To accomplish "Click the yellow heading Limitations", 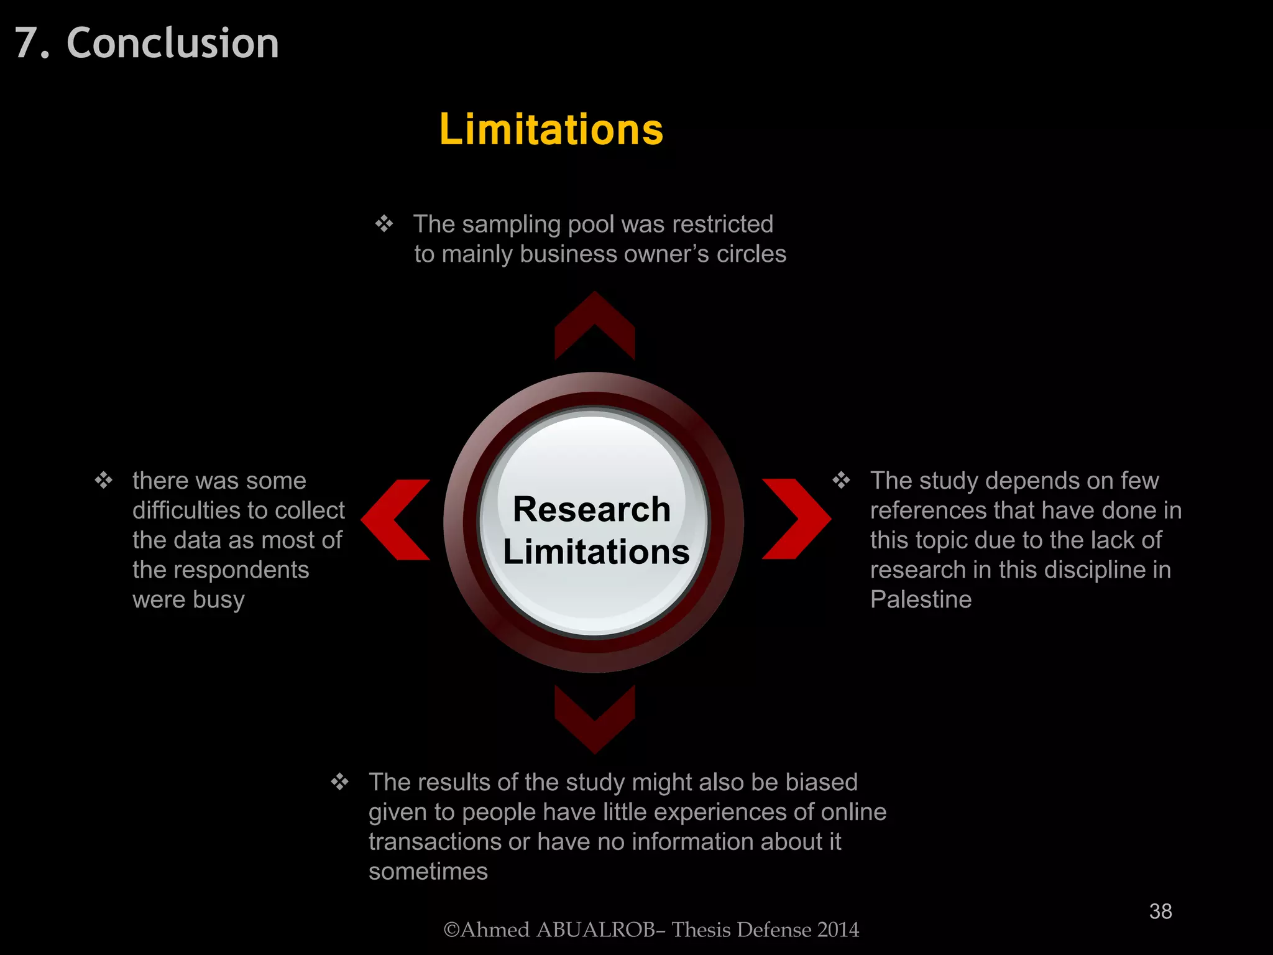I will click(551, 129).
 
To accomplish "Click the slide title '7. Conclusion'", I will click(147, 43).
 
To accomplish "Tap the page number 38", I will click(1160, 911).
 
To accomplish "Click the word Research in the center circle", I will click(592, 509).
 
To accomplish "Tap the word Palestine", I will click(921, 599).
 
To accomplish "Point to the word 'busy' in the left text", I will click(219, 600).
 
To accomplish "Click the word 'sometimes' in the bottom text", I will click(428, 871).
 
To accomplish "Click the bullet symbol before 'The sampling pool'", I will click(384, 223).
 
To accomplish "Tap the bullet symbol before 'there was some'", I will click(104, 480).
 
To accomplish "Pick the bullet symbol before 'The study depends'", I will click(842, 480).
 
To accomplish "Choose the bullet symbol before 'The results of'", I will click(340, 782).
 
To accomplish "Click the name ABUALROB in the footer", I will click(595, 930).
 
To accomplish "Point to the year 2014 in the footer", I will click(838, 930).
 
